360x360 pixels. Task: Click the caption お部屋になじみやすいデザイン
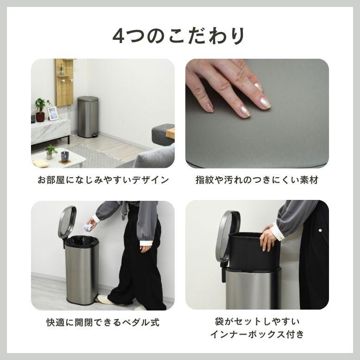click(x=103, y=180)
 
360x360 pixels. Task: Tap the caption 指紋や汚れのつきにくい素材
click(x=257, y=180)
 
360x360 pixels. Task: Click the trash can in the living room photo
click(x=87, y=117)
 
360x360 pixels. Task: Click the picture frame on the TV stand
click(x=53, y=113)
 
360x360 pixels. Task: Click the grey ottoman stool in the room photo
click(x=162, y=134)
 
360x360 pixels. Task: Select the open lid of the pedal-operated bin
click(x=67, y=222)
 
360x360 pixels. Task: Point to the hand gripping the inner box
click(x=268, y=237)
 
